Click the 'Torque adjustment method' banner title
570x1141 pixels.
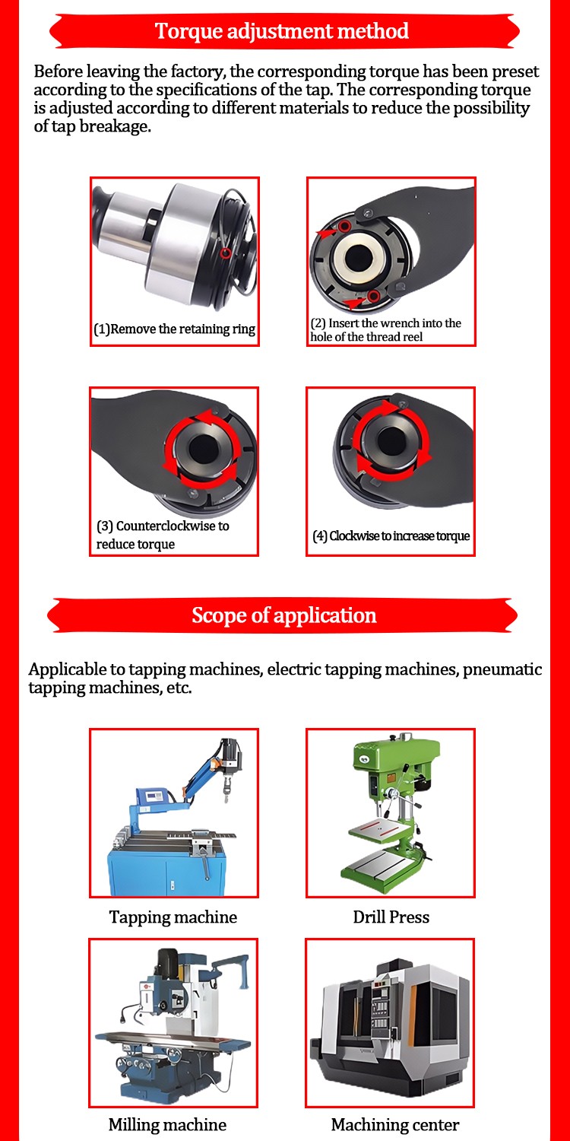pyautogui.click(x=281, y=31)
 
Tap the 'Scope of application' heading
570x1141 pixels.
pyautogui.click(x=284, y=615)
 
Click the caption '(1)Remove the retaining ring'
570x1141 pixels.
pyautogui.click(x=175, y=329)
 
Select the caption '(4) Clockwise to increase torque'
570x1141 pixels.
pyautogui.click(x=391, y=536)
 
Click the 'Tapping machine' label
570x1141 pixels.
pyautogui.click(x=173, y=917)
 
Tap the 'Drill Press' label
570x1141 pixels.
pyautogui.click(x=391, y=917)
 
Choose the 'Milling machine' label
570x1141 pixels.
pyautogui.click(x=167, y=1124)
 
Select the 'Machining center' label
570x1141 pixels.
pyautogui.click(x=395, y=1124)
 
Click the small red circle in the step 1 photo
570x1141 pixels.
pyautogui.click(x=226, y=253)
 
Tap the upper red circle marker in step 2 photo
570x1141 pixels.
pyautogui.click(x=344, y=226)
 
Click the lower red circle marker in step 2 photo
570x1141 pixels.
pyautogui.click(x=374, y=295)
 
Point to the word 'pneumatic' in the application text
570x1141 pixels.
pyautogui.click(x=502, y=669)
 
